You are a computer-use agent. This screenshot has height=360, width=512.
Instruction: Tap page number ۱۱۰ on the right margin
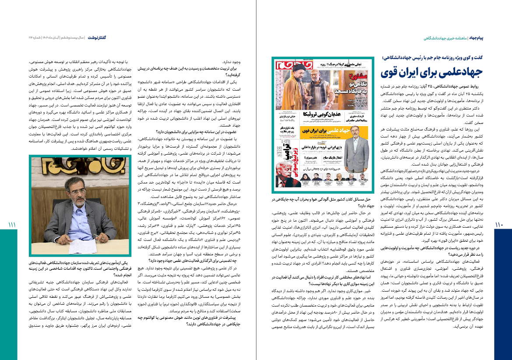point(499,225)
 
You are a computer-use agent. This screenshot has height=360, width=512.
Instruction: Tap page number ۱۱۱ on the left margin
point(12,225)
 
